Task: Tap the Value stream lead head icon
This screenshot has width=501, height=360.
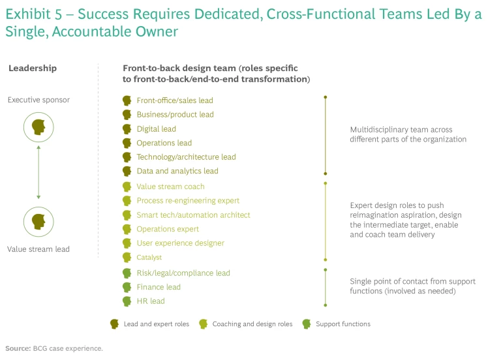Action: pyautogui.click(x=38, y=222)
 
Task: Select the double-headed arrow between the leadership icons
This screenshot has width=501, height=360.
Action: pyautogui.click(x=38, y=173)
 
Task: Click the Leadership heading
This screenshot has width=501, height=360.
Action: pyautogui.click(x=32, y=68)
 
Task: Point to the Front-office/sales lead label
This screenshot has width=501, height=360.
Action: pyautogui.click(x=175, y=100)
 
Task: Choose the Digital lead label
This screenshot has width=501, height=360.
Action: pyautogui.click(x=156, y=129)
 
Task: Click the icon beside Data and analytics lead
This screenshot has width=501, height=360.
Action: pyautogui.click(x=127, y=171)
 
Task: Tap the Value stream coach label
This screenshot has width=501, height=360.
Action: pyautogui.click(x=170, y=187)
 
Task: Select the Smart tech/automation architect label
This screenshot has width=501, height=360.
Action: pyautogui.click(x=193, y=215)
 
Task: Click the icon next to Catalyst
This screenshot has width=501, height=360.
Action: pyautogui.click(x=127, y=258)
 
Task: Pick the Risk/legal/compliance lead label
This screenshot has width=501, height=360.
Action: pyautogui.click(x=183, y=273)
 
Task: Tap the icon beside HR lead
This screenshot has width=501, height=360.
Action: pyautogui.click(x=127, y=301)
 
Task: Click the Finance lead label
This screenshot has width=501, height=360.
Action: pyautogui.click(x=159, y=287)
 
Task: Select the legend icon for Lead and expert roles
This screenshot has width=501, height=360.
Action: pyautogui.click(x=115, y=323)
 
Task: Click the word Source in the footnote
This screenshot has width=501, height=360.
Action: pyautogui.click(x=18, y=348)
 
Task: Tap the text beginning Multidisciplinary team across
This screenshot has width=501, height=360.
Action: pyautogui.click(x=401, y=130)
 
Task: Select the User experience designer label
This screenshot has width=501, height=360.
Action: pyautogui.click(x=180, y=243)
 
